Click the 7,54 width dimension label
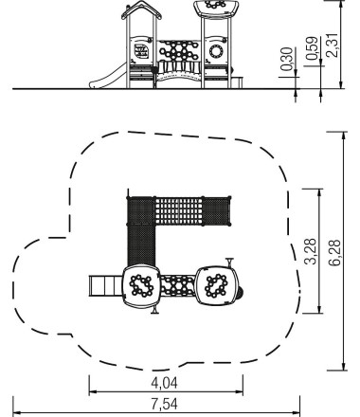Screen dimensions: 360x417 coord(164,404)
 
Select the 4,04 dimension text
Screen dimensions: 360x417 coord(164,383)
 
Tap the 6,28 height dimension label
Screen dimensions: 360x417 coord(334,253)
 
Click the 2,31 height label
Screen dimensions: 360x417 coord(333,45)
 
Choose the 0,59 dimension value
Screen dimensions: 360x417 coord(312,48)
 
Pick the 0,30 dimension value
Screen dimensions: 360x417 coord(287,59)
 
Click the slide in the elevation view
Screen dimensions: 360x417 coord(107,77)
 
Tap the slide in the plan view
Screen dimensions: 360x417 coord(105,286)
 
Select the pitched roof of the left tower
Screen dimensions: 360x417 coord(141,9)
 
